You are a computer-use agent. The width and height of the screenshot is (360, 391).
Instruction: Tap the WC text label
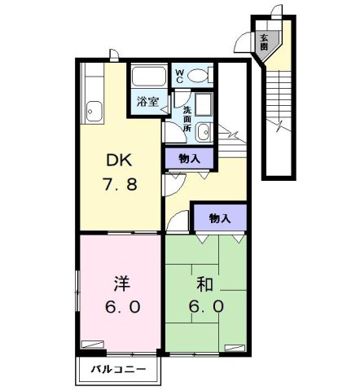(x=181, y=77)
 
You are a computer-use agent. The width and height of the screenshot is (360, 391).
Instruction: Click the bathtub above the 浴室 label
(x=148, y=79)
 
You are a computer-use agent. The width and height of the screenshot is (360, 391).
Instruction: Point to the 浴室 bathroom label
(x=147, y=102)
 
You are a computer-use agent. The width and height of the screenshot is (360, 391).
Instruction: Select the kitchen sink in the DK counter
(x=93, y=108)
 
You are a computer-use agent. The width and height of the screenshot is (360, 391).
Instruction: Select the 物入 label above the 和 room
(x=219, y=218)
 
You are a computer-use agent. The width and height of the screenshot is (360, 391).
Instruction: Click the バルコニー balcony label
(x=118, y=371)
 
